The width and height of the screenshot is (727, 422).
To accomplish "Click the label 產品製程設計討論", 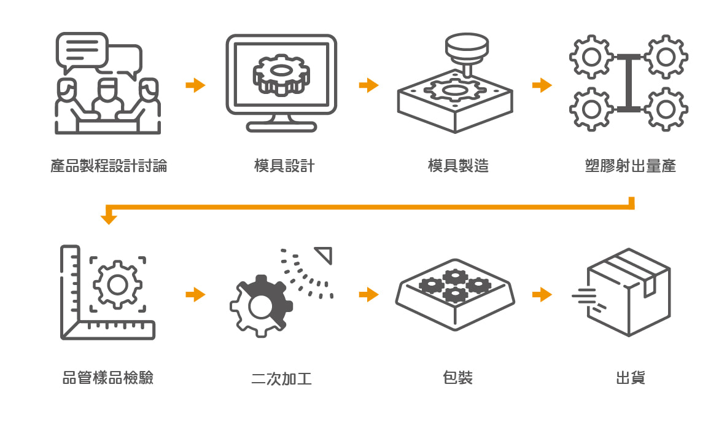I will coord(109,166).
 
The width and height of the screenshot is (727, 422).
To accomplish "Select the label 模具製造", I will coord(458,166).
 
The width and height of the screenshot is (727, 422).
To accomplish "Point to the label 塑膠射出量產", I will coord(631,166).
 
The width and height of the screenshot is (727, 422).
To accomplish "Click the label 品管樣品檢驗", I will coord(108,377).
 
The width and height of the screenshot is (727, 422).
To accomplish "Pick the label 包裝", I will coord(457,377).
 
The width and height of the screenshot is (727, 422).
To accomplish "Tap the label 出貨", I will coord(631,377).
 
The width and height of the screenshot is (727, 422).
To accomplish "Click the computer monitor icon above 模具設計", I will coord(281,82).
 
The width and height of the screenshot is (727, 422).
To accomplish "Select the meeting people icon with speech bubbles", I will coord(108,83).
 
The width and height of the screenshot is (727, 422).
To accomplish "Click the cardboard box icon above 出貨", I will coord(628,292).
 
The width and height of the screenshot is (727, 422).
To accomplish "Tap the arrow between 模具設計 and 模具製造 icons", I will coord(368,85).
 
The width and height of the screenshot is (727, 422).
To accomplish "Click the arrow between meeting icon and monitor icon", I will coord(195,85).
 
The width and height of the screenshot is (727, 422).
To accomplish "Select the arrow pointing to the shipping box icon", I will coord(542,295).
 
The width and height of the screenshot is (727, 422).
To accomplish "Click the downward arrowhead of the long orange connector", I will coord(109,218).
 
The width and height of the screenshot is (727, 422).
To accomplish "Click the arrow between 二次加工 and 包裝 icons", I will coord(368,295).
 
